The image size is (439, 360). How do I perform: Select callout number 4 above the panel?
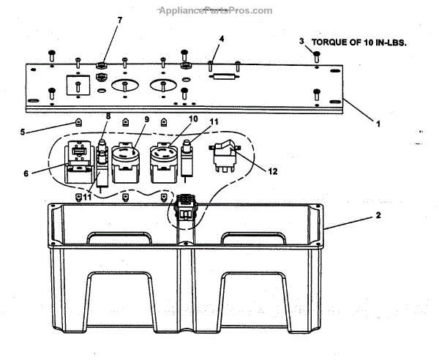222,38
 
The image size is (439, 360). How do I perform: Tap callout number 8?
108,117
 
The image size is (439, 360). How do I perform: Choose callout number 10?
193,119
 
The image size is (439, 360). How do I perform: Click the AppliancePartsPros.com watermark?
214,10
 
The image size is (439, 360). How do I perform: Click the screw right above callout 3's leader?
315,55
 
